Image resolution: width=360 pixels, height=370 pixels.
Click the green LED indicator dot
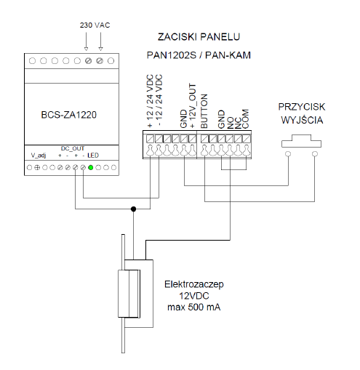click(x=91, y=167)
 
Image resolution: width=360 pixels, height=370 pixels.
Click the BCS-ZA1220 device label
click(x=69, y=115)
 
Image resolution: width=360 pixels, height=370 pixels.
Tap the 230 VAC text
click(x=95, y=25)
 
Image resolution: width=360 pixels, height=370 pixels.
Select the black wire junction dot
click(x=133, y=209)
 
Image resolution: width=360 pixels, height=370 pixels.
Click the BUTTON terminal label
click(x=204, y=111)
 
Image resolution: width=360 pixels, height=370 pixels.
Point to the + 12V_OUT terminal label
click(x=192, y=106)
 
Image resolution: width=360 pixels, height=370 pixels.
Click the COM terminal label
click(x=245, y=118)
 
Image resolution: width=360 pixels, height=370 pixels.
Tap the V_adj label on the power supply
click(x=39, y=155)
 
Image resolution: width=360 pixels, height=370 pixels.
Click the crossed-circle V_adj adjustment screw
click(x=37, y=167)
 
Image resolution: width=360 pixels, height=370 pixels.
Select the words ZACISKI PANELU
click(x=199, y=37)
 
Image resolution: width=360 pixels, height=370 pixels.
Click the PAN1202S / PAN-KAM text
click(x=199, y=55)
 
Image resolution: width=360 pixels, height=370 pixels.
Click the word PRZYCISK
click(x=302, y=107)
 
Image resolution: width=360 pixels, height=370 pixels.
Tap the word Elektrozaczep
click(x=194, y=284)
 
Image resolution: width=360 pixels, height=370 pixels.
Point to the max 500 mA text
click(x=194, y=307)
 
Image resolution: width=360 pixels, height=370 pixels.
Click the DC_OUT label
click(x=73, y=148)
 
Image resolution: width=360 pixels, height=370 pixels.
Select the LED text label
click(x=93, y=156)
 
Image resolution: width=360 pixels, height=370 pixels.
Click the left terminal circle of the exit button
click(x=288, y=154)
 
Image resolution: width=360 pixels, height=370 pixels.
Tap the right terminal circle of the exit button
click(x=315, y=154)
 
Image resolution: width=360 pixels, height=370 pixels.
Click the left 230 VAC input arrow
click(x=86, y=41)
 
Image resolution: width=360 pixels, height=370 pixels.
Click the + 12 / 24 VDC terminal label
click(x=150, y=101)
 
